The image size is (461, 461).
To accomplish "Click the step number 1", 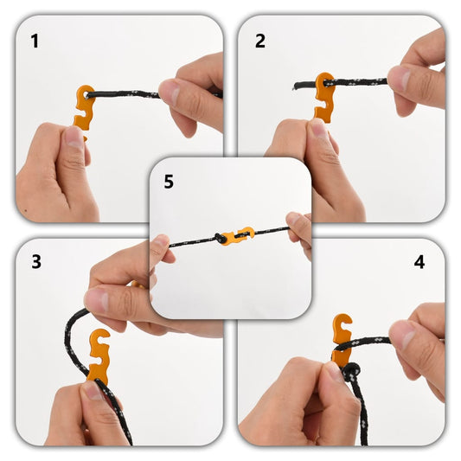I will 35,41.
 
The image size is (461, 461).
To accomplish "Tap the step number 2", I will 260,41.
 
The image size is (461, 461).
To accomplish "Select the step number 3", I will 35,261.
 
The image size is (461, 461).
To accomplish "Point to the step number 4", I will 419,261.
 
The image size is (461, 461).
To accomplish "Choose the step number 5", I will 169,182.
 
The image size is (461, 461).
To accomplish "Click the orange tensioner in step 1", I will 84,108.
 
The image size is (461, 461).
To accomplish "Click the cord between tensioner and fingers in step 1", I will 130,91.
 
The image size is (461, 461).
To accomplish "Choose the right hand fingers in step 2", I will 415,78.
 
